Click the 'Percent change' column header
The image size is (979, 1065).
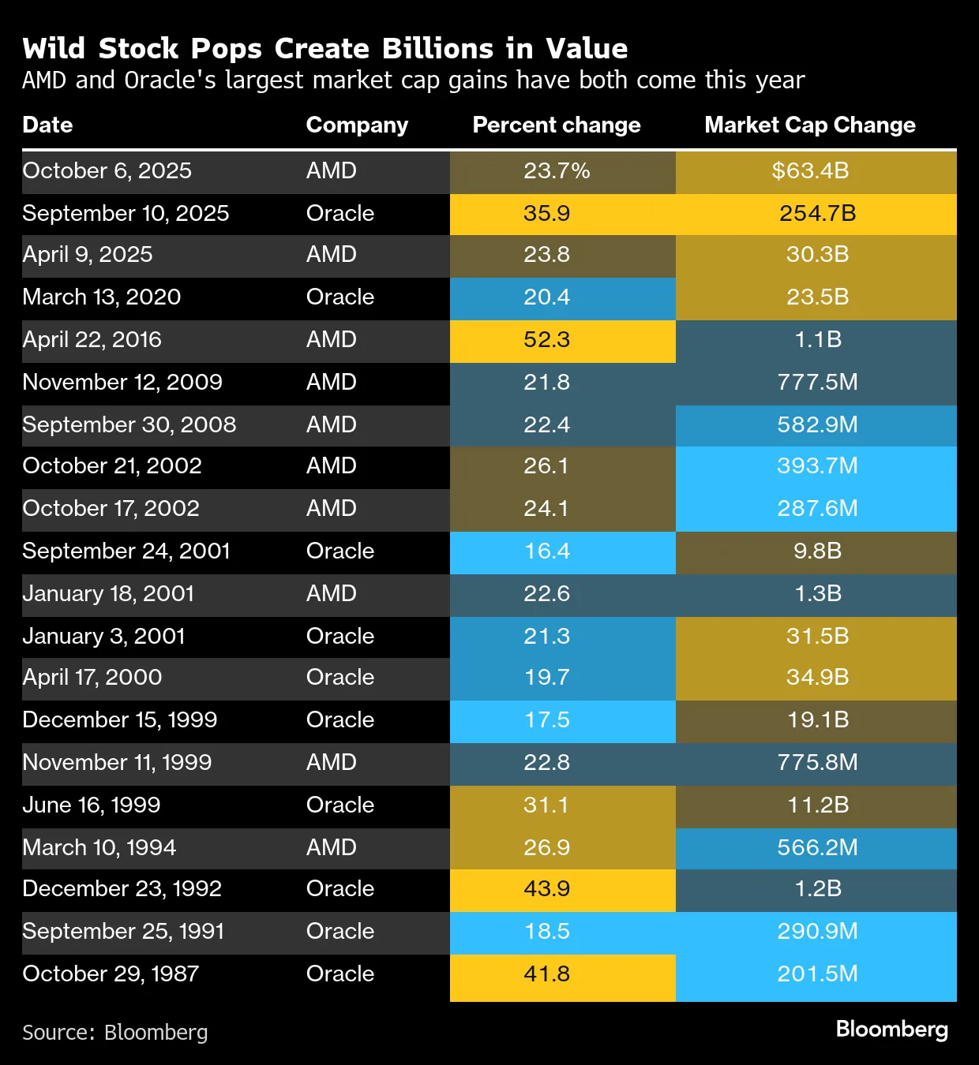click(x=556, y=125)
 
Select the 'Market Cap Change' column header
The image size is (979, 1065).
click(x=809, y=125)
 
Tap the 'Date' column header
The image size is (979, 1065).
click(x=47, y=125)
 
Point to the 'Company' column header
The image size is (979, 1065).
click(x=357, y=125)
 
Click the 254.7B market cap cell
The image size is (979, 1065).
click(x=816, y=213)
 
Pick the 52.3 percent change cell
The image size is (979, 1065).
click(x=546, y=340)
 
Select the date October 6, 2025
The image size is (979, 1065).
click(x=107, y=171)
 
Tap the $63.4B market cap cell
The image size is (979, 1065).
click(x=810, y=171)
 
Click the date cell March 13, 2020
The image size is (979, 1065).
click(x=101, y=297)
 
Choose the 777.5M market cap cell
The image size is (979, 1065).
click(x=816, y=383)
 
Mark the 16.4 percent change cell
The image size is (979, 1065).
click(x=546, y=551)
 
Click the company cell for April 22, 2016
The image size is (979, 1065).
click(x=331, y=340)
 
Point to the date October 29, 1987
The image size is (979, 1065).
click(x=111, y=973)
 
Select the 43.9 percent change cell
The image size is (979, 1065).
click(x=546, y=889)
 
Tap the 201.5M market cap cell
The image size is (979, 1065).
click(x=816, y=973)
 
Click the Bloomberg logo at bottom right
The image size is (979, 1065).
click(x=891, y=1029)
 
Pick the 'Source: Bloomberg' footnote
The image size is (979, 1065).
click(x=115, y=1033)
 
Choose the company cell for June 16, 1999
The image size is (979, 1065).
click(x=339, y=805)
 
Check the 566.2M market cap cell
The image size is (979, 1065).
click(x=816, y=848)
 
